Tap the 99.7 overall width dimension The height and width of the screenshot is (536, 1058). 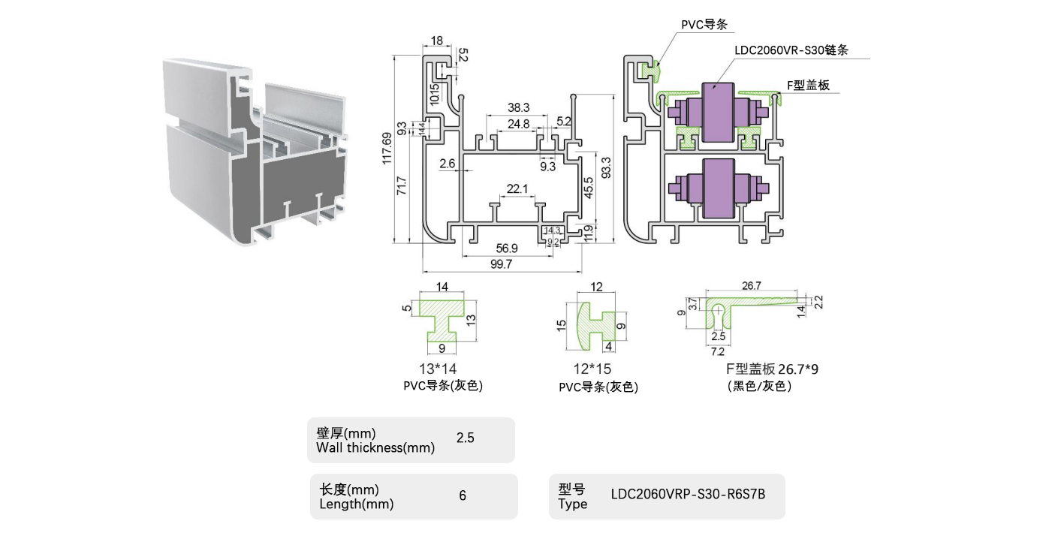coord(501,264)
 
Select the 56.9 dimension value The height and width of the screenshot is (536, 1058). coord(508,248)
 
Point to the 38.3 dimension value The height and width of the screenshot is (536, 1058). coord(518,108)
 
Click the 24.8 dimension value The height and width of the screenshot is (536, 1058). coord(518,124)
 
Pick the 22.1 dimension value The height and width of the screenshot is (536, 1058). coord(517,189)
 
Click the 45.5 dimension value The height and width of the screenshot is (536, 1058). coord(589,187)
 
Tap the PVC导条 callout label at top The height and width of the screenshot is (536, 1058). coord(704,25)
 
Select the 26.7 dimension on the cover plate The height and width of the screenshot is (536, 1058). coord(752,286)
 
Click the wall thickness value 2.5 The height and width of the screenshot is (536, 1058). coord(465,438)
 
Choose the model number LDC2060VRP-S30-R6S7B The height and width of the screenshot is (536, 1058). coord(688,495)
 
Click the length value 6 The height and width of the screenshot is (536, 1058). coord(463,495)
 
